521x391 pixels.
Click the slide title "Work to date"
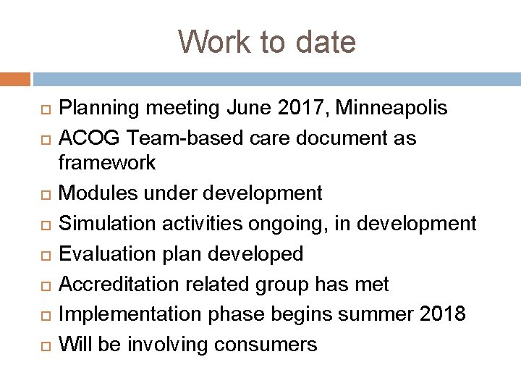267,42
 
